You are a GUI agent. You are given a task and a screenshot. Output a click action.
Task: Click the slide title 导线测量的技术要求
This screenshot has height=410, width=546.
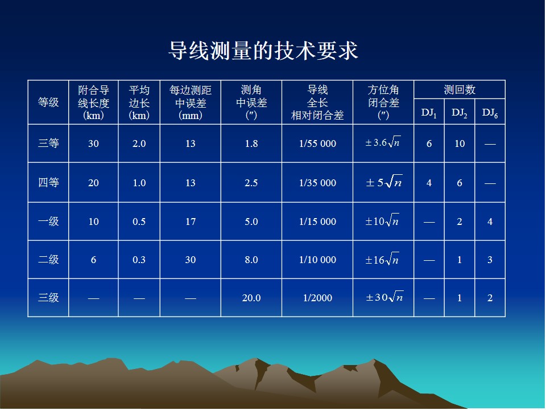(x=263, y=51)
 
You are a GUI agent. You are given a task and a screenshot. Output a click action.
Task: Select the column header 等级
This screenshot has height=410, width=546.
(x=48, y=102)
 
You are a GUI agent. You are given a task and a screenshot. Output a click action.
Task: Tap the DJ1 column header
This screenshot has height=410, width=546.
(x=429, y=113)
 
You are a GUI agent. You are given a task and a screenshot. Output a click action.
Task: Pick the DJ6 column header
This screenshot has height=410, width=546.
(x=490, y=113)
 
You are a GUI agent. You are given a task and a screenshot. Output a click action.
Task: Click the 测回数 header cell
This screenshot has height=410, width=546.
(x=460, y=90)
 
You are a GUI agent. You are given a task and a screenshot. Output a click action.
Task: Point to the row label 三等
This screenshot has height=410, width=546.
(x=48, y=143)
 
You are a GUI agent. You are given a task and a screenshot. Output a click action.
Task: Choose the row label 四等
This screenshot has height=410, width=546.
(x=48, y=182)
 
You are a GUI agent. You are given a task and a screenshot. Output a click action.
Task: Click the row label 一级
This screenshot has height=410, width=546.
(x=48, y=222)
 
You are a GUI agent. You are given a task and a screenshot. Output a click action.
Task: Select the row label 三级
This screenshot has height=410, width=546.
(x=48, y=298)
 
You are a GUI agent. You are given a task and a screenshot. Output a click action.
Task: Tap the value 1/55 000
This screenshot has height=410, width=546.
(x=317, y=143)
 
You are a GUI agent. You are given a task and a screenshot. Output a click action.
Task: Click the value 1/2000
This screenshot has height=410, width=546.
(x=317, y=298)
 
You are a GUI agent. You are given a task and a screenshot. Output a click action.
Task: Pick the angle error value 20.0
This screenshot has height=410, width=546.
(x=251, y=298)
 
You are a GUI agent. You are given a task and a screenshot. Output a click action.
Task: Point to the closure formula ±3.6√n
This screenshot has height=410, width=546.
(x=383, y=142)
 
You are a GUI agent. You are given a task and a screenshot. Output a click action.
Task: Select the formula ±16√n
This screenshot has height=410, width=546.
(x=382, y=259)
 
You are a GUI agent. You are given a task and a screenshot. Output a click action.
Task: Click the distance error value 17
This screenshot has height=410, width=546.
(x=190, y=222)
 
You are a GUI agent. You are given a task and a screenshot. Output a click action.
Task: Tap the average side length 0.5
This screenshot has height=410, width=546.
(x=139, y=222)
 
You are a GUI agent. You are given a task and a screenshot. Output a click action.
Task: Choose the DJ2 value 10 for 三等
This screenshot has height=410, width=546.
(x=460, y=143)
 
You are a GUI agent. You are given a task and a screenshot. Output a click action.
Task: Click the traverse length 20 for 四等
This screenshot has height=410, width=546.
(x=93, y=183)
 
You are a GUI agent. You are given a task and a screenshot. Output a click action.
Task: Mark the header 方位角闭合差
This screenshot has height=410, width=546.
(x=383, y=102)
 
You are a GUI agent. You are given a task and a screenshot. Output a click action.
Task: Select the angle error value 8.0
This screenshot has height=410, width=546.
(x=251, y=260)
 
